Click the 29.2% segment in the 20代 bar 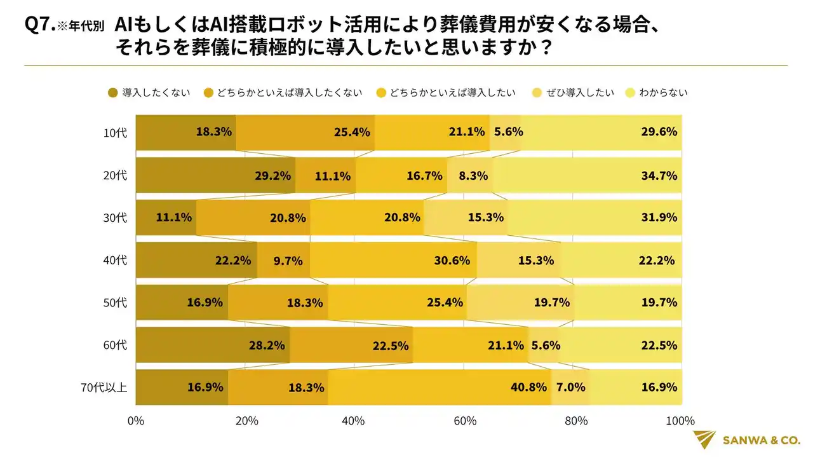(x=216, y=175)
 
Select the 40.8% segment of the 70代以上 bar (x=439, y=387)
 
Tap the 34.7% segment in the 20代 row (x=587, y=175)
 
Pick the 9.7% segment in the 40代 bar (x=283, y=260)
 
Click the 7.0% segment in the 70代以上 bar (x=570, y=387)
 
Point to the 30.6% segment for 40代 (x=393, y=260)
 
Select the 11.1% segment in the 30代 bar (x=166, y=217)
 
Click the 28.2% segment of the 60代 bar (x=213, y=345)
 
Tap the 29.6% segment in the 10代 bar (x=601, y=133)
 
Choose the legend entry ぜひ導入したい (x=584, y=93)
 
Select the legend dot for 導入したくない (x=113, y=93)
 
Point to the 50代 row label (x=116, y=303)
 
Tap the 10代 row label (x=116, y=133)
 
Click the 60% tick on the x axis (x=465, y=421)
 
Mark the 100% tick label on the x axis (x=682, y=421)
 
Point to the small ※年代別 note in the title (x=81, y=28)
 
